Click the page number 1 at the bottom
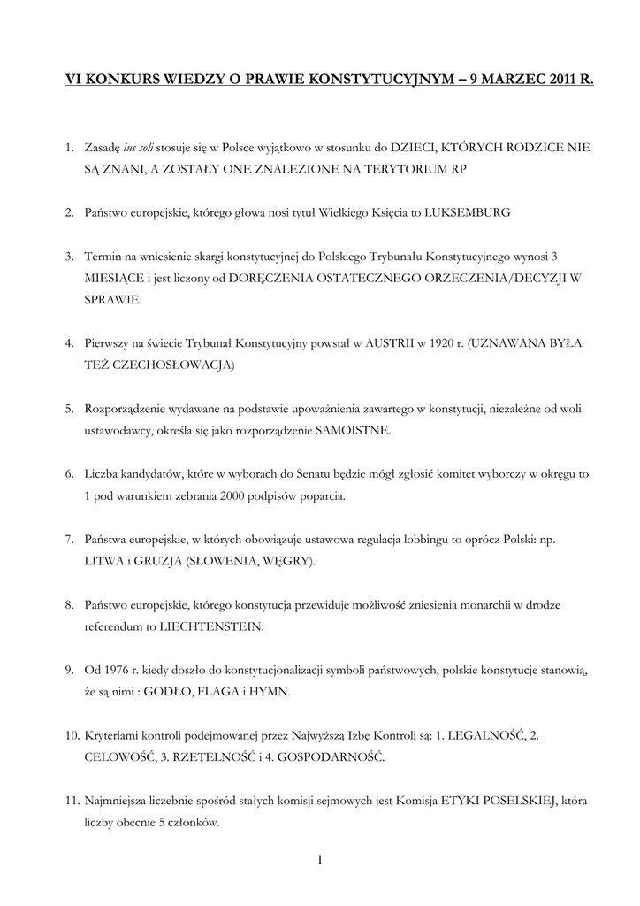319,859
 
